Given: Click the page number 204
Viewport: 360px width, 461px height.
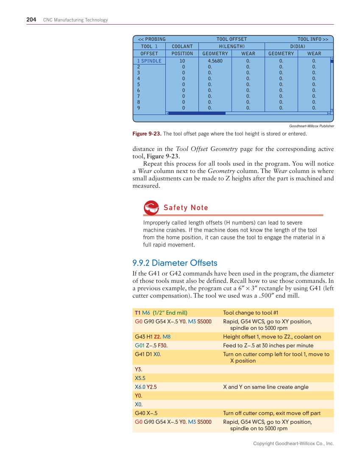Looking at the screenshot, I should click(31, 20).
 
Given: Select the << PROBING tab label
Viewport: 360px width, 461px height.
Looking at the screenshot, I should click(152, 39).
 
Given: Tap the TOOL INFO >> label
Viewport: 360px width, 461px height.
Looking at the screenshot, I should click(313, 39).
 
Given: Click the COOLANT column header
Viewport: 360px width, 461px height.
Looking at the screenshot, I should click(182, 46).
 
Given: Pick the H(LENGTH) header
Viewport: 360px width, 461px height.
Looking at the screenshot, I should click(232, 46).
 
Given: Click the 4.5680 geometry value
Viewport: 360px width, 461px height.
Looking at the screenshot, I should click(215, 61).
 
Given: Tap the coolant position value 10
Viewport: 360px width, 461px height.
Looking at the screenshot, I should click(182, 61).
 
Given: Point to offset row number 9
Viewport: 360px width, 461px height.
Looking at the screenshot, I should click(139, 108).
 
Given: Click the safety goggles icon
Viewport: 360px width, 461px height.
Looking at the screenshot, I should click(151, 207).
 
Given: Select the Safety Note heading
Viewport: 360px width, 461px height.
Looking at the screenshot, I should click(186, 207).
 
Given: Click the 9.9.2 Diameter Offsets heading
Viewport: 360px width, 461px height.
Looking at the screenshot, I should click(175, 263).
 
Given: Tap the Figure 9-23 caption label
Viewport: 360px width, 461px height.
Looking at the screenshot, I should click(147, 134).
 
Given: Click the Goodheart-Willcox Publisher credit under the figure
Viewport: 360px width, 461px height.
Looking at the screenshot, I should click(311, 126).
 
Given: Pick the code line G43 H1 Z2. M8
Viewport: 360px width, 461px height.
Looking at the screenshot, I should click(153, 336).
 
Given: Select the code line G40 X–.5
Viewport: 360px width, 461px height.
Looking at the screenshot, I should click(146, 413).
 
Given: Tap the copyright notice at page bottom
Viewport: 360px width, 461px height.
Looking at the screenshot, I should click(293, 443).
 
